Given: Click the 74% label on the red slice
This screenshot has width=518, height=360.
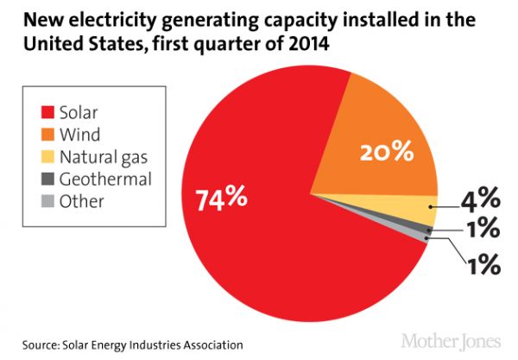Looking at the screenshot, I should tap(224, 198).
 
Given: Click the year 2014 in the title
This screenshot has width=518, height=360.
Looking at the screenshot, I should tap(312, 41).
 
